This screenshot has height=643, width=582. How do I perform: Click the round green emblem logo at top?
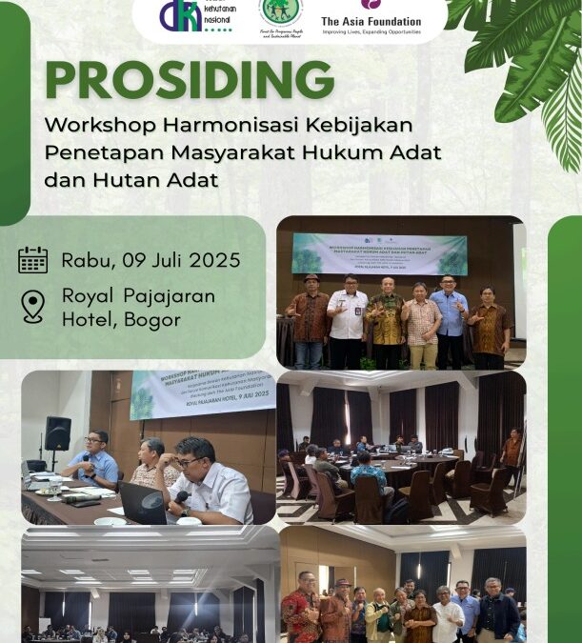click(x=280, y=12)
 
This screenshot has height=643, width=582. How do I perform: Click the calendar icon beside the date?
click(x=32, y=260)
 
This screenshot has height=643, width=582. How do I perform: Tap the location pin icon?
click(x=32, y=306)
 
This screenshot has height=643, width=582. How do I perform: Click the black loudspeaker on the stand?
click(x=58, y=433)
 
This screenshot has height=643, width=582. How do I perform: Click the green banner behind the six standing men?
click(x=379, y=253)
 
